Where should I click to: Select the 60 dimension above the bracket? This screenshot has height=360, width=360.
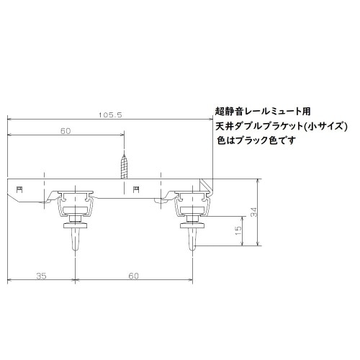[66, 131]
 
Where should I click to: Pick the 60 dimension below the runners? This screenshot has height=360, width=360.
[134, 275]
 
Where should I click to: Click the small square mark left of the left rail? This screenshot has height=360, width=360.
[20, 189]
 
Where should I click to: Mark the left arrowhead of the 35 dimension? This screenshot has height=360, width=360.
[9, 280]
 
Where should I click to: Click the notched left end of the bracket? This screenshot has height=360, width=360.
[11, 190]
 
